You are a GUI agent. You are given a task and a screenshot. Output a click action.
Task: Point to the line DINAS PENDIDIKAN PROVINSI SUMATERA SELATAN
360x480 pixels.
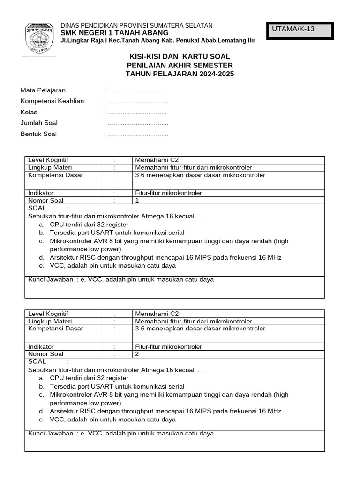coord(137,25)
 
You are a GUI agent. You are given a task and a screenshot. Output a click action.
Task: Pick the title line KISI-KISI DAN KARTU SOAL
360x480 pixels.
coord(180,56)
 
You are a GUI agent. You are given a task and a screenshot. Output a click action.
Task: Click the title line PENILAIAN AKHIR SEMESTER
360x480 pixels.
coord(180,65)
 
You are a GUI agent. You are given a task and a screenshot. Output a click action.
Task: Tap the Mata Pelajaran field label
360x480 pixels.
coord(43,90)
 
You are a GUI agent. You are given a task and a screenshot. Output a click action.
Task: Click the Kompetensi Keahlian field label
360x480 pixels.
coord(52,101)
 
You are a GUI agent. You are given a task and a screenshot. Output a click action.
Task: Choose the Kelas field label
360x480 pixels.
coord(29,112)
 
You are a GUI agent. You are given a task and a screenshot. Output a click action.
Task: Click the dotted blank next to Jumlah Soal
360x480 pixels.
coord(138,123)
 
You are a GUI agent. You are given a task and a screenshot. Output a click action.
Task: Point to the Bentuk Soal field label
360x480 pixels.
coord(38,134)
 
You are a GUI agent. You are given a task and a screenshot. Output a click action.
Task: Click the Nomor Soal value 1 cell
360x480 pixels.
coord(228,200)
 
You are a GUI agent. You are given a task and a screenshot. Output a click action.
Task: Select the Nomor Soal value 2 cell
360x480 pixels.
coord(228,354)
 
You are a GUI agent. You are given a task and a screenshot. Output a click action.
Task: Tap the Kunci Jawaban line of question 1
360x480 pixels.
coord(121,279)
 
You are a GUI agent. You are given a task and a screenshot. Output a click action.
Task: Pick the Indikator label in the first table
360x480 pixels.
coord(41,193)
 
